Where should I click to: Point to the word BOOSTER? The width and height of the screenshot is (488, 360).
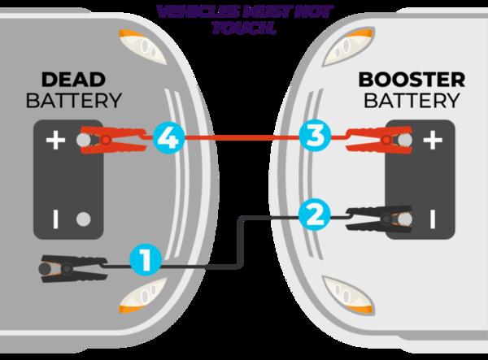pos(412,80)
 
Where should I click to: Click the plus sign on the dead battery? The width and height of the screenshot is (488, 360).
pos(54,141)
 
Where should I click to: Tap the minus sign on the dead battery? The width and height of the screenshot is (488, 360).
pos(54,218)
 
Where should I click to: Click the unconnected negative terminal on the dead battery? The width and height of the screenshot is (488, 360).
pos(81,218)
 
